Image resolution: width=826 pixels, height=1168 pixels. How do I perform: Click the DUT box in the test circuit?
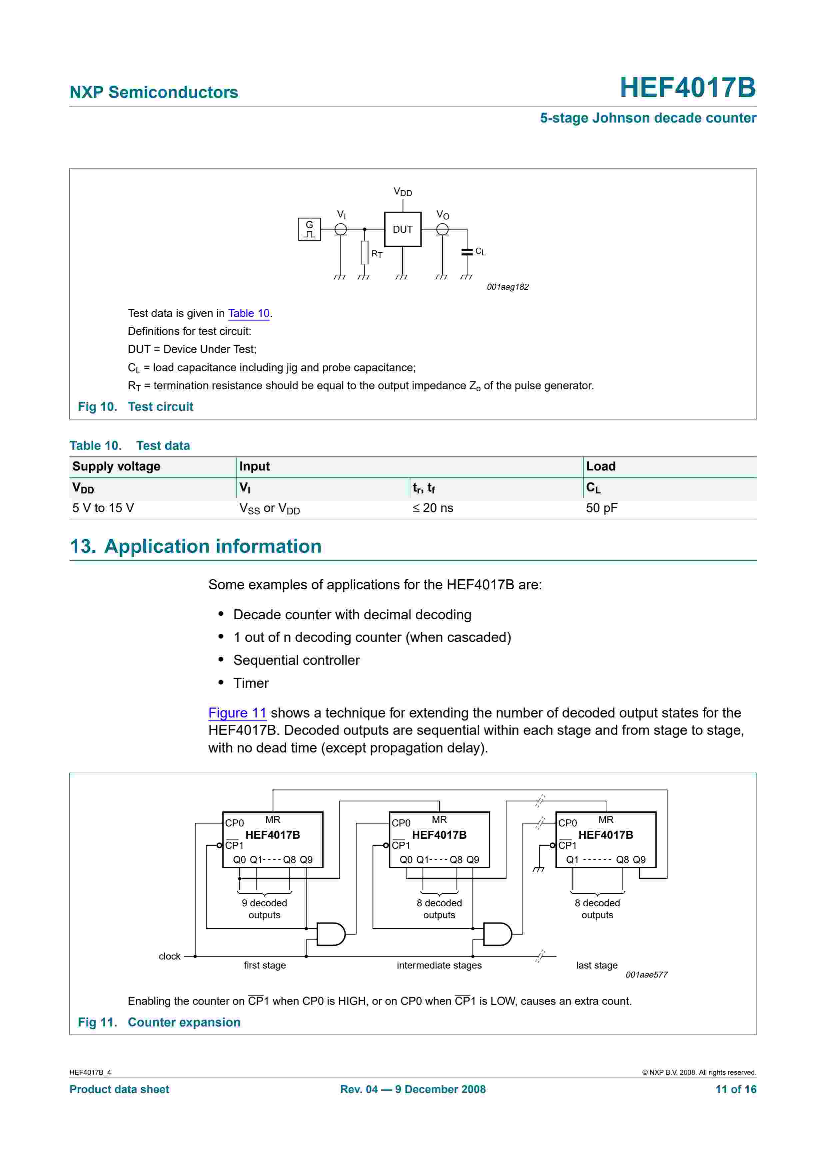click(402, 229)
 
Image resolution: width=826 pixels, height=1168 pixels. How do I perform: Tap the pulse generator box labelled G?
click(309, 229)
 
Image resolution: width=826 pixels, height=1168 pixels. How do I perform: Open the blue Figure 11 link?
click(237, 713)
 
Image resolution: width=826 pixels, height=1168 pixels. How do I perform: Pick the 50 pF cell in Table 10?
click(601, 508)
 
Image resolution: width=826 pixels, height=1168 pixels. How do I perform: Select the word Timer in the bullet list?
click(251, 683)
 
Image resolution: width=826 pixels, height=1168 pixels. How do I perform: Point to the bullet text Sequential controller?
click(296, 660)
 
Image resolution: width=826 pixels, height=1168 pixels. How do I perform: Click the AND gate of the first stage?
click(330, 934)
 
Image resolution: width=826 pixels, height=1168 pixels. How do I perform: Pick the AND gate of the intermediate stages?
click(497, 934)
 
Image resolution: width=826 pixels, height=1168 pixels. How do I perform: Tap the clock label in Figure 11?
click(170, 956)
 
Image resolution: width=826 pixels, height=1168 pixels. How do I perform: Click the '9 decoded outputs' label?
click(264, 909)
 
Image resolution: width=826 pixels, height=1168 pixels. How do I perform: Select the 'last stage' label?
click(596, 966)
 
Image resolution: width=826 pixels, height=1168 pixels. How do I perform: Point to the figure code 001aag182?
click(507, 287)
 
